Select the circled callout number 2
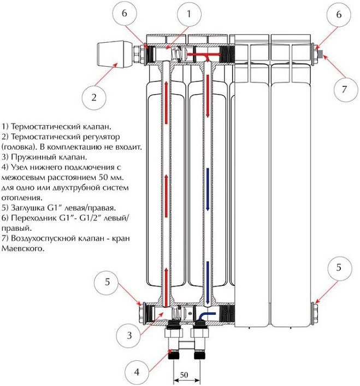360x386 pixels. pyautogui.click(x=93, y=98)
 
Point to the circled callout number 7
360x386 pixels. pyautogui.click(x=344, y=90)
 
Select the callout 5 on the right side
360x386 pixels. pyautogui.click(x=339, y=268)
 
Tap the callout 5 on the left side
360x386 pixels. pyautogui.click(x=108, y=282)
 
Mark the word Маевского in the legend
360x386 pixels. pyautogui.click(x=23, y=248)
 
